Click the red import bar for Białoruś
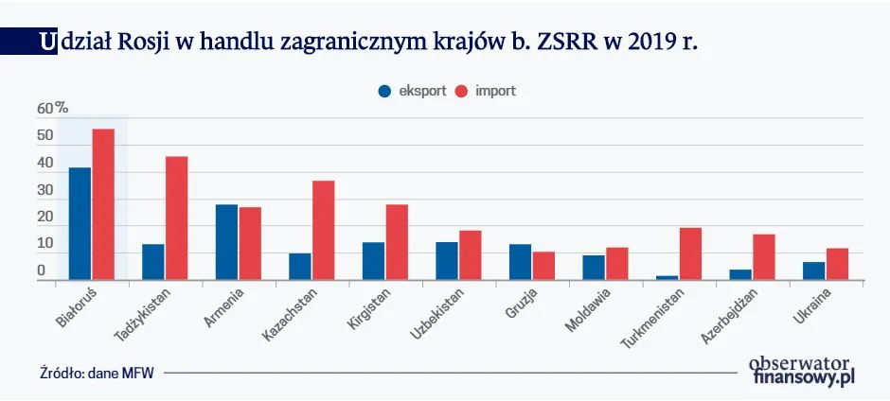coord(103,204)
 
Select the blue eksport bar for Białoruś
coord(80,223)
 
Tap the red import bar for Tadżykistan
coord(177,218)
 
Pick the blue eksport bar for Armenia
coord(226,241)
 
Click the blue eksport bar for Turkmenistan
coord(667,278)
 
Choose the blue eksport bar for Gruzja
coord(520,262)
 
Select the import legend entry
coord(487,91)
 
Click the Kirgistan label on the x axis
coord(365,308)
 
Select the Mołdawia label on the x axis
coord(588,308)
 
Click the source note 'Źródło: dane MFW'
coord(96,373)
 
